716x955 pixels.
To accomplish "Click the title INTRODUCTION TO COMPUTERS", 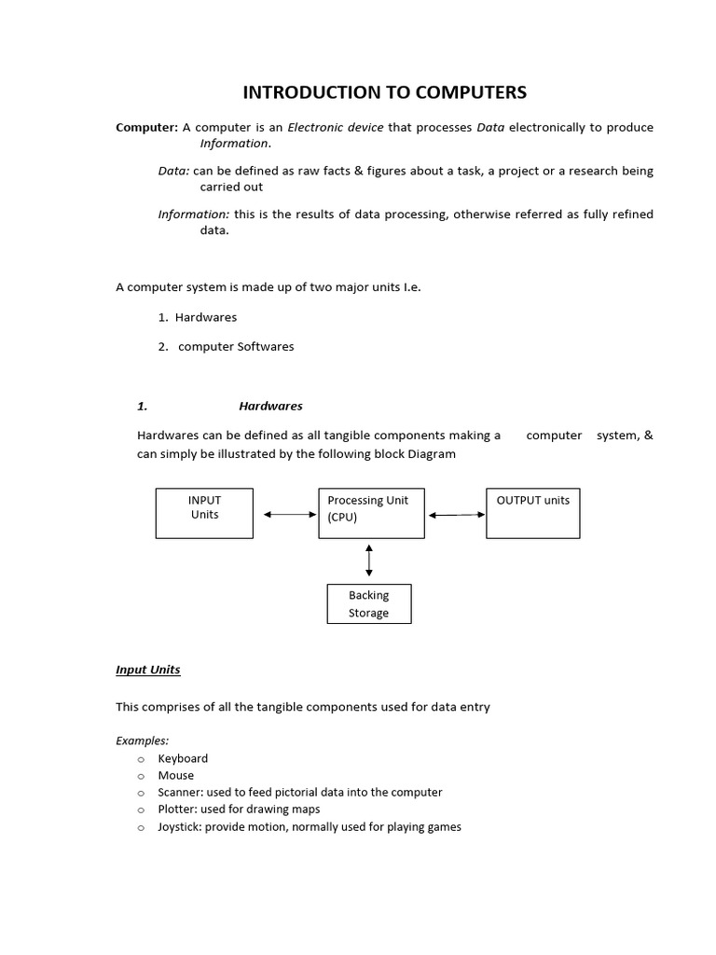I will click(x=384, y=91).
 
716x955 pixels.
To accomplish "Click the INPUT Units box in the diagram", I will click(x=204, y=513).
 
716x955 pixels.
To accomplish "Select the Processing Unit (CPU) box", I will click(x=370, y=513).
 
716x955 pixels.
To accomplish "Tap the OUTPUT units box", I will click(x=533, y=513).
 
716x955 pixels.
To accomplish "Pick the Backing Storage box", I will click(x=369, y=603).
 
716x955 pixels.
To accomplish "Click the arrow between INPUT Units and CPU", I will click(x=290, y=514).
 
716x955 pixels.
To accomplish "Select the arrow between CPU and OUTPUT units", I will click(x=457, y=515).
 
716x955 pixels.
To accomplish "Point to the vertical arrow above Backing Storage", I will click(x=369, y=560).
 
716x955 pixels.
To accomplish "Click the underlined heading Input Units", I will click(x=147, y=670).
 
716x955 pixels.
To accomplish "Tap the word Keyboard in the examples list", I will click(x=183, y=758).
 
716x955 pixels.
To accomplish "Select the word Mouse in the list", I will click(x=176, y=775).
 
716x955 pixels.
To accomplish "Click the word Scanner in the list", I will click(x=181, y=792).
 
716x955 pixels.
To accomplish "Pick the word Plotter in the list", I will click(x=177, y=809).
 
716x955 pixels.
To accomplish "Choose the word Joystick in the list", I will click(x=180, y=826).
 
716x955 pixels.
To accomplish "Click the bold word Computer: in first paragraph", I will click(x=146, y=127).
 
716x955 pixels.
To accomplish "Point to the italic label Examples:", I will click(x=142, y=740).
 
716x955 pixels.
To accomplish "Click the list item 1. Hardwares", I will click(x=198, y=317).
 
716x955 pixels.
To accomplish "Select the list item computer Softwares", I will click(x=236, y=346).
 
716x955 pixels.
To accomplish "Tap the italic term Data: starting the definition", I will click(x=173, y=171).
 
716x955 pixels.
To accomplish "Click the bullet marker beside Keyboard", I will click(x=141, y=759).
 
